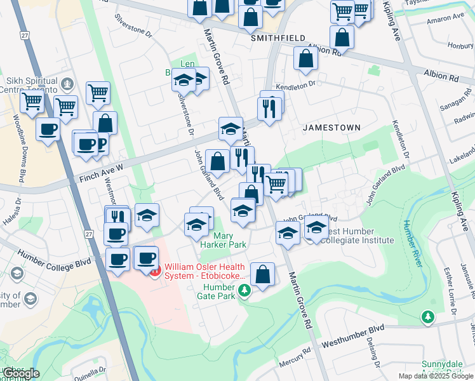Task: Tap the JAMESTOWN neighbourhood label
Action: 331,128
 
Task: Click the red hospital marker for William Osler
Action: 155,271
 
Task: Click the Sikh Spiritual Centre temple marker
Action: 66,83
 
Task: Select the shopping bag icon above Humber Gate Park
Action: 262,274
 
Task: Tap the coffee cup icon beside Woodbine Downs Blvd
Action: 48,130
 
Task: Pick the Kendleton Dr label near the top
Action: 296,84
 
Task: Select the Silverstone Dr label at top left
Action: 133,25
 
